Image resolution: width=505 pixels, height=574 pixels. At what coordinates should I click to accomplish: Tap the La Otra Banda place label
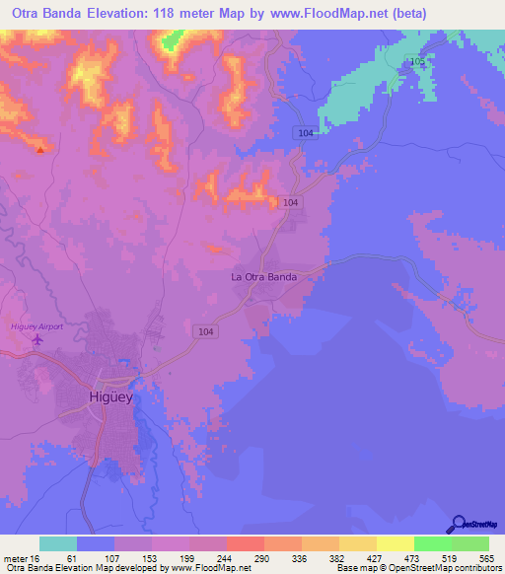[264, 277]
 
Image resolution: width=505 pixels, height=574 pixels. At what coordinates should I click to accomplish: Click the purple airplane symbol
[38, 340]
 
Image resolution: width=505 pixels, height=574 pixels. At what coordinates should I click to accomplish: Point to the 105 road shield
[418, 62]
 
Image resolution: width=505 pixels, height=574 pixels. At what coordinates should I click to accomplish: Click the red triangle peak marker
[39, 150]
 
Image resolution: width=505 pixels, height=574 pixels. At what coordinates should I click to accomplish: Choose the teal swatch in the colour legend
[58, 543]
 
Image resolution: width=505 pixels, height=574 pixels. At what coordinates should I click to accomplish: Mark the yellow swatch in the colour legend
[395, 543]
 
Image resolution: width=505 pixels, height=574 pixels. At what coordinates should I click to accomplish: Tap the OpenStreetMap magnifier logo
[459, 524]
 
